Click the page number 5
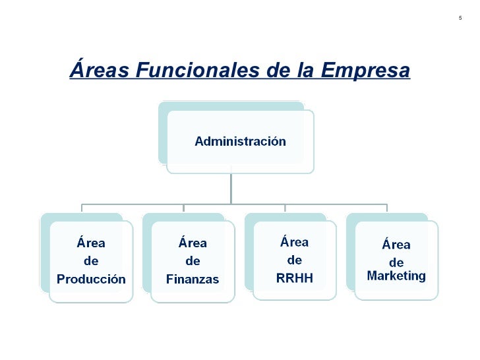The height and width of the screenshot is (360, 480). [x=460, y=17]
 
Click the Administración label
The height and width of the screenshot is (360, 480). [x=240, y=141]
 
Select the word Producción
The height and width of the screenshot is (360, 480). [x=91, y=279]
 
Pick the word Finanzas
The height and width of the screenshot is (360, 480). [x=193, y=279]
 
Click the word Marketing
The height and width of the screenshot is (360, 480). [x=396, y=276]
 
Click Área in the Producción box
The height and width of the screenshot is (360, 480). [x=91, y=243]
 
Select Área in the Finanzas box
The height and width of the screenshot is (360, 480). [x=193, y=243]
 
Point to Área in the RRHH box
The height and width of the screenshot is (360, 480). [x=295, y=241]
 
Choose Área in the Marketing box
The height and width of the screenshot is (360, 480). [x=396, y=245]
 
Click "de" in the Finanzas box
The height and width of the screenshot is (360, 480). [x=193, y=261]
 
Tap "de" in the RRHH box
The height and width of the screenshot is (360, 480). [x=294, y=260]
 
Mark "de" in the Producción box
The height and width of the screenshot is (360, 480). [x=91, y=261]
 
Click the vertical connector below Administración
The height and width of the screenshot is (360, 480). [x=231, y=188]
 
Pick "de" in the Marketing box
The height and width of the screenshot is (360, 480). [x=396, y=262]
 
